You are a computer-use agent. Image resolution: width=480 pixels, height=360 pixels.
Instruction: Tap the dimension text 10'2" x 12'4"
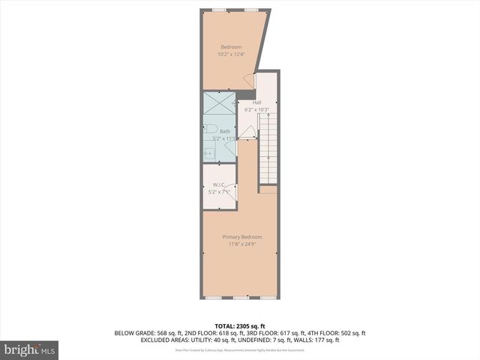230,55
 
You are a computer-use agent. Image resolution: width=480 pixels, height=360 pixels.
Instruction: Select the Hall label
256,103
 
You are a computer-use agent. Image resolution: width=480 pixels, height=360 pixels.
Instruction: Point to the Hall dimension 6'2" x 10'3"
256,110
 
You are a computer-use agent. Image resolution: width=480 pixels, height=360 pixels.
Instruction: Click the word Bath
225,132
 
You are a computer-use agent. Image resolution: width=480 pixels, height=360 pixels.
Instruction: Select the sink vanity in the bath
209,153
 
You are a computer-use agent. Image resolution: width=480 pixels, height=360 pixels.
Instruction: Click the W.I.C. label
220,184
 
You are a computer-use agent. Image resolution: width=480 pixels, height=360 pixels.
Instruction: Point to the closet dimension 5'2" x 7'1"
220,192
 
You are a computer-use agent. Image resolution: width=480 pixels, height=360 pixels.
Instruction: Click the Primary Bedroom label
241,237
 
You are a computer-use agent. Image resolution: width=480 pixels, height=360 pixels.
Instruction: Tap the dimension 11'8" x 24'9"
241,244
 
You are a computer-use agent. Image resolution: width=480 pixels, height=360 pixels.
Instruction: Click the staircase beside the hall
268,146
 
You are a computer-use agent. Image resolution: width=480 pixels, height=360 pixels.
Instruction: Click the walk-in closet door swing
232,193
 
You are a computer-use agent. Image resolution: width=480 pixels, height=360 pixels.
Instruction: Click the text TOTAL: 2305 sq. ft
241,326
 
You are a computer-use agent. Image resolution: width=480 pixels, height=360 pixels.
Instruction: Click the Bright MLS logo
29,350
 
